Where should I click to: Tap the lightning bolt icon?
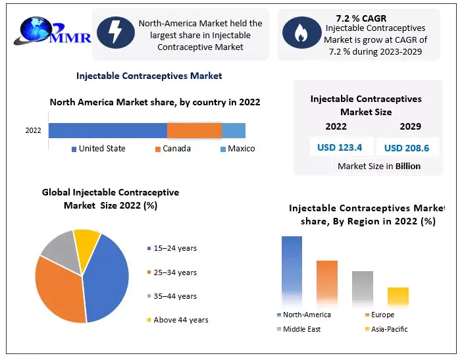coord(116,33)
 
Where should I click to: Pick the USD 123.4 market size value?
coord(340,147)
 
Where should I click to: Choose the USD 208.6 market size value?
coord(407,148)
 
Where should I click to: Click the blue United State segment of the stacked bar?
coord(107,130)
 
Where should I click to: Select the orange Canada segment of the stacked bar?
coord(194,130)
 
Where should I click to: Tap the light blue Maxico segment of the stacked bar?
coord(233,130)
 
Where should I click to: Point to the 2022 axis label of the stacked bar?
coord(34,130)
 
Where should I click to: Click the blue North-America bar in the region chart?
coord(292,270)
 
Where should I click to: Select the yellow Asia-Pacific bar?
coord(398,296)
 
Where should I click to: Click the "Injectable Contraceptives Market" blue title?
coord(149,76)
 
